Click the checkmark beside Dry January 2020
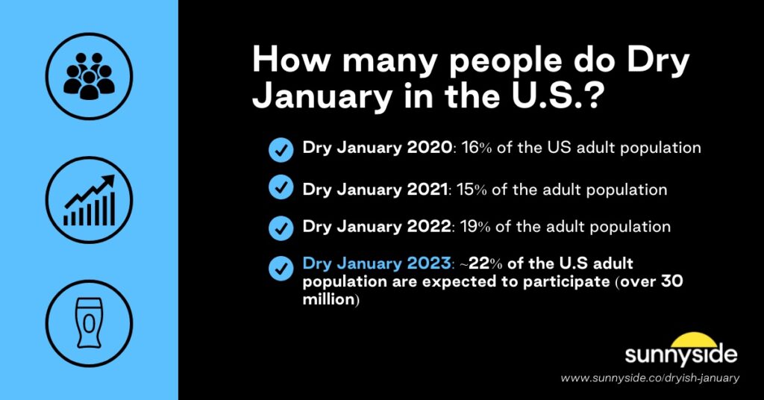(x=281, y=149)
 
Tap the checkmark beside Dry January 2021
(x=281, y=189)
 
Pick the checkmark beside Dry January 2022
(x=281, y=227)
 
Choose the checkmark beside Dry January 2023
(x=281, y=266)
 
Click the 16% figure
(x=474, y=148)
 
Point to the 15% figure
(x=474, y=190)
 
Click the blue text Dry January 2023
(x=377, y=263)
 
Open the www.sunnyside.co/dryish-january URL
(x=650, y=378)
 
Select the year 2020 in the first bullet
(x=428, y=148)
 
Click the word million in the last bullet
(x=328, y=299)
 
